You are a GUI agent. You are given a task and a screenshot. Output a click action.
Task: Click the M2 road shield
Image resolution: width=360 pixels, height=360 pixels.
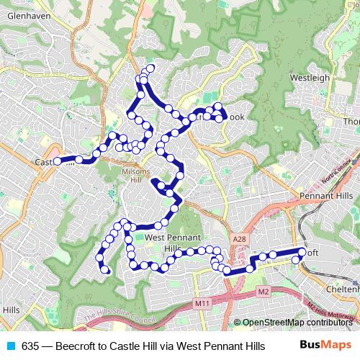(263, 292)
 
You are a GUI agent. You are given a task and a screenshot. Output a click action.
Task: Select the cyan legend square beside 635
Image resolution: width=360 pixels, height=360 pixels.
(9, 346)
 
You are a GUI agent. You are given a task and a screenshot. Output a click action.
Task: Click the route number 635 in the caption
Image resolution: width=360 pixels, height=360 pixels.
(30, 346)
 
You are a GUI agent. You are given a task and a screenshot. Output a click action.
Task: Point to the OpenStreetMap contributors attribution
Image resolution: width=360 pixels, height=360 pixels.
(297, 323)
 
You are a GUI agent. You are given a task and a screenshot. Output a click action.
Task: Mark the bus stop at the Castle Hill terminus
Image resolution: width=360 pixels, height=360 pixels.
(58, 162)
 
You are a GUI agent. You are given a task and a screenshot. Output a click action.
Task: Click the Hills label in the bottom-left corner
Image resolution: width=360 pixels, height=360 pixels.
(11, 309)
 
